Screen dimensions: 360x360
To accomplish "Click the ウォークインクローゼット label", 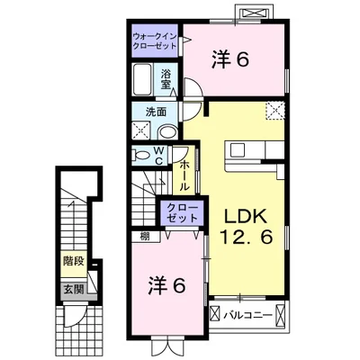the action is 154,41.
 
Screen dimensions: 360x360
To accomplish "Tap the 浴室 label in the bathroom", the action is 165,79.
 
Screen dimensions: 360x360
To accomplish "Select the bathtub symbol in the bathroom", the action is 142,79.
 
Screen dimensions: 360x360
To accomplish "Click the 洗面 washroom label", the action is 156,112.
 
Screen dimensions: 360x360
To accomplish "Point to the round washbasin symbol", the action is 167,131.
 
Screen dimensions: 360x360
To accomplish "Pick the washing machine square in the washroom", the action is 141,130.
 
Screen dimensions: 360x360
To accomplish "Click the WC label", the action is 158,156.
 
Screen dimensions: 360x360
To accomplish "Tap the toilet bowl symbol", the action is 141,156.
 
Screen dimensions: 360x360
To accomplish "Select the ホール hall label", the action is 184,175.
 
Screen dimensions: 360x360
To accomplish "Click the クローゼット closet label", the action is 183,212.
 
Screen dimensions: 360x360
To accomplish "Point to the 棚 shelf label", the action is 145,237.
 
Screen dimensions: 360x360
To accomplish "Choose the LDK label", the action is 246,217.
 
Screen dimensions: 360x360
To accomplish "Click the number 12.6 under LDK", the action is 247,237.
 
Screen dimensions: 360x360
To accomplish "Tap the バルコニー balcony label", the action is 247,315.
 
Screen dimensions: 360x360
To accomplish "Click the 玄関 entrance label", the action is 73,290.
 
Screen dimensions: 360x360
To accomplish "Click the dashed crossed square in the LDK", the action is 274,111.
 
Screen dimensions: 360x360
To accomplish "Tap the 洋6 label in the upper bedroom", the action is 230,58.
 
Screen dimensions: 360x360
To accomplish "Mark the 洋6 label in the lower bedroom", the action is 166,286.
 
